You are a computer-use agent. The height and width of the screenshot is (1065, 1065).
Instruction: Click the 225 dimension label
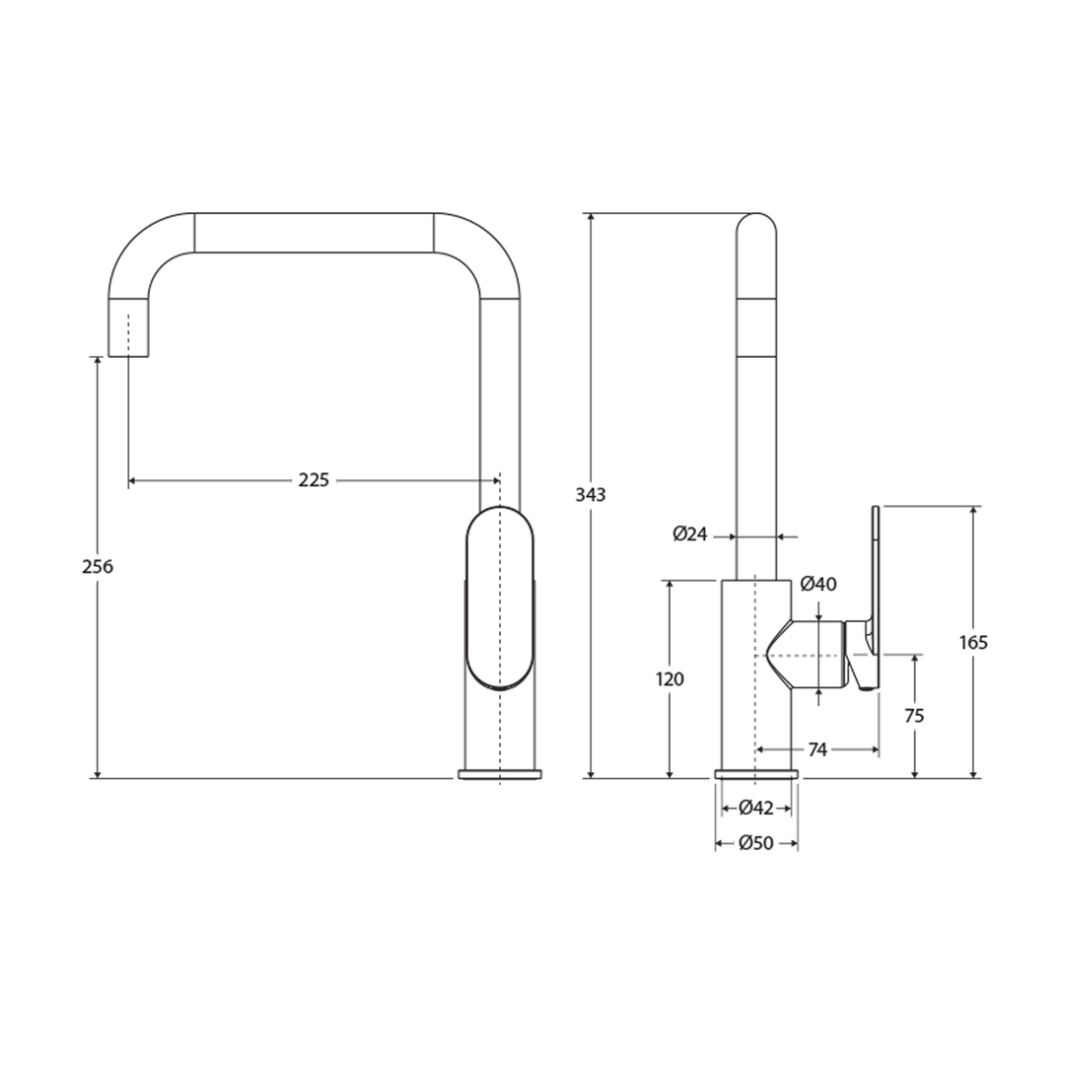[x=314, y=480]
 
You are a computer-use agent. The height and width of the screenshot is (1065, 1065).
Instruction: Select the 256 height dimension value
[x=98, y=567]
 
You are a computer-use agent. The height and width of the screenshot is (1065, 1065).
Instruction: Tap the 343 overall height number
[x=591, y=495]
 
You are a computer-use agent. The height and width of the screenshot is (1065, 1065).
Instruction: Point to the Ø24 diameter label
[x=690, y=534]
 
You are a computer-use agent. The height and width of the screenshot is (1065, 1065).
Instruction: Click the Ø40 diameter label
[x=818, y=584]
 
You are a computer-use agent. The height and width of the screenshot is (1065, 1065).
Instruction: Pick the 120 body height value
[x=670, y=679]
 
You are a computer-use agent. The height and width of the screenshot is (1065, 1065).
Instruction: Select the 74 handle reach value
[x=817, y=750]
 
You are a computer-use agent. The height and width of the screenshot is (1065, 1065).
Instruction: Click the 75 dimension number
[x=914, y=716]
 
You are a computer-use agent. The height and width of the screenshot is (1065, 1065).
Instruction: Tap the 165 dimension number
[x=973, y=643]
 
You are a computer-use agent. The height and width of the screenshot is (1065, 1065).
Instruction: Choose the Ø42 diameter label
[x=756, y=809]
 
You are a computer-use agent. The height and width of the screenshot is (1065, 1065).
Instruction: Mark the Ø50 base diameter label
[x=756, y=843]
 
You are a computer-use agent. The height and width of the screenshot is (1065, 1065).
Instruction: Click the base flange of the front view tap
[x=500, y=773]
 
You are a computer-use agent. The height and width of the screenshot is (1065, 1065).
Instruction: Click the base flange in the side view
[x=756, y=773]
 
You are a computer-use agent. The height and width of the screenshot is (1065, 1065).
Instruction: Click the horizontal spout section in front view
[x=314, y=233]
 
